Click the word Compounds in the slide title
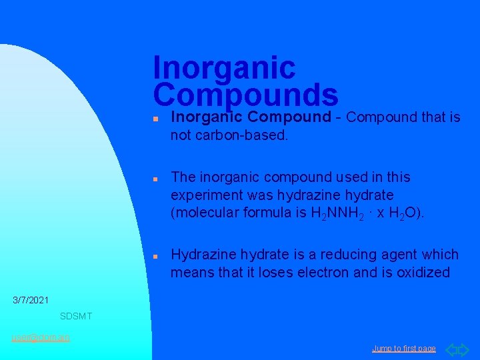[245, 95]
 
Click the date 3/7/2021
[31, 301]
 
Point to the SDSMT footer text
[76, 315]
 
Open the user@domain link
[41, 337]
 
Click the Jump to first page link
[404, 349]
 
